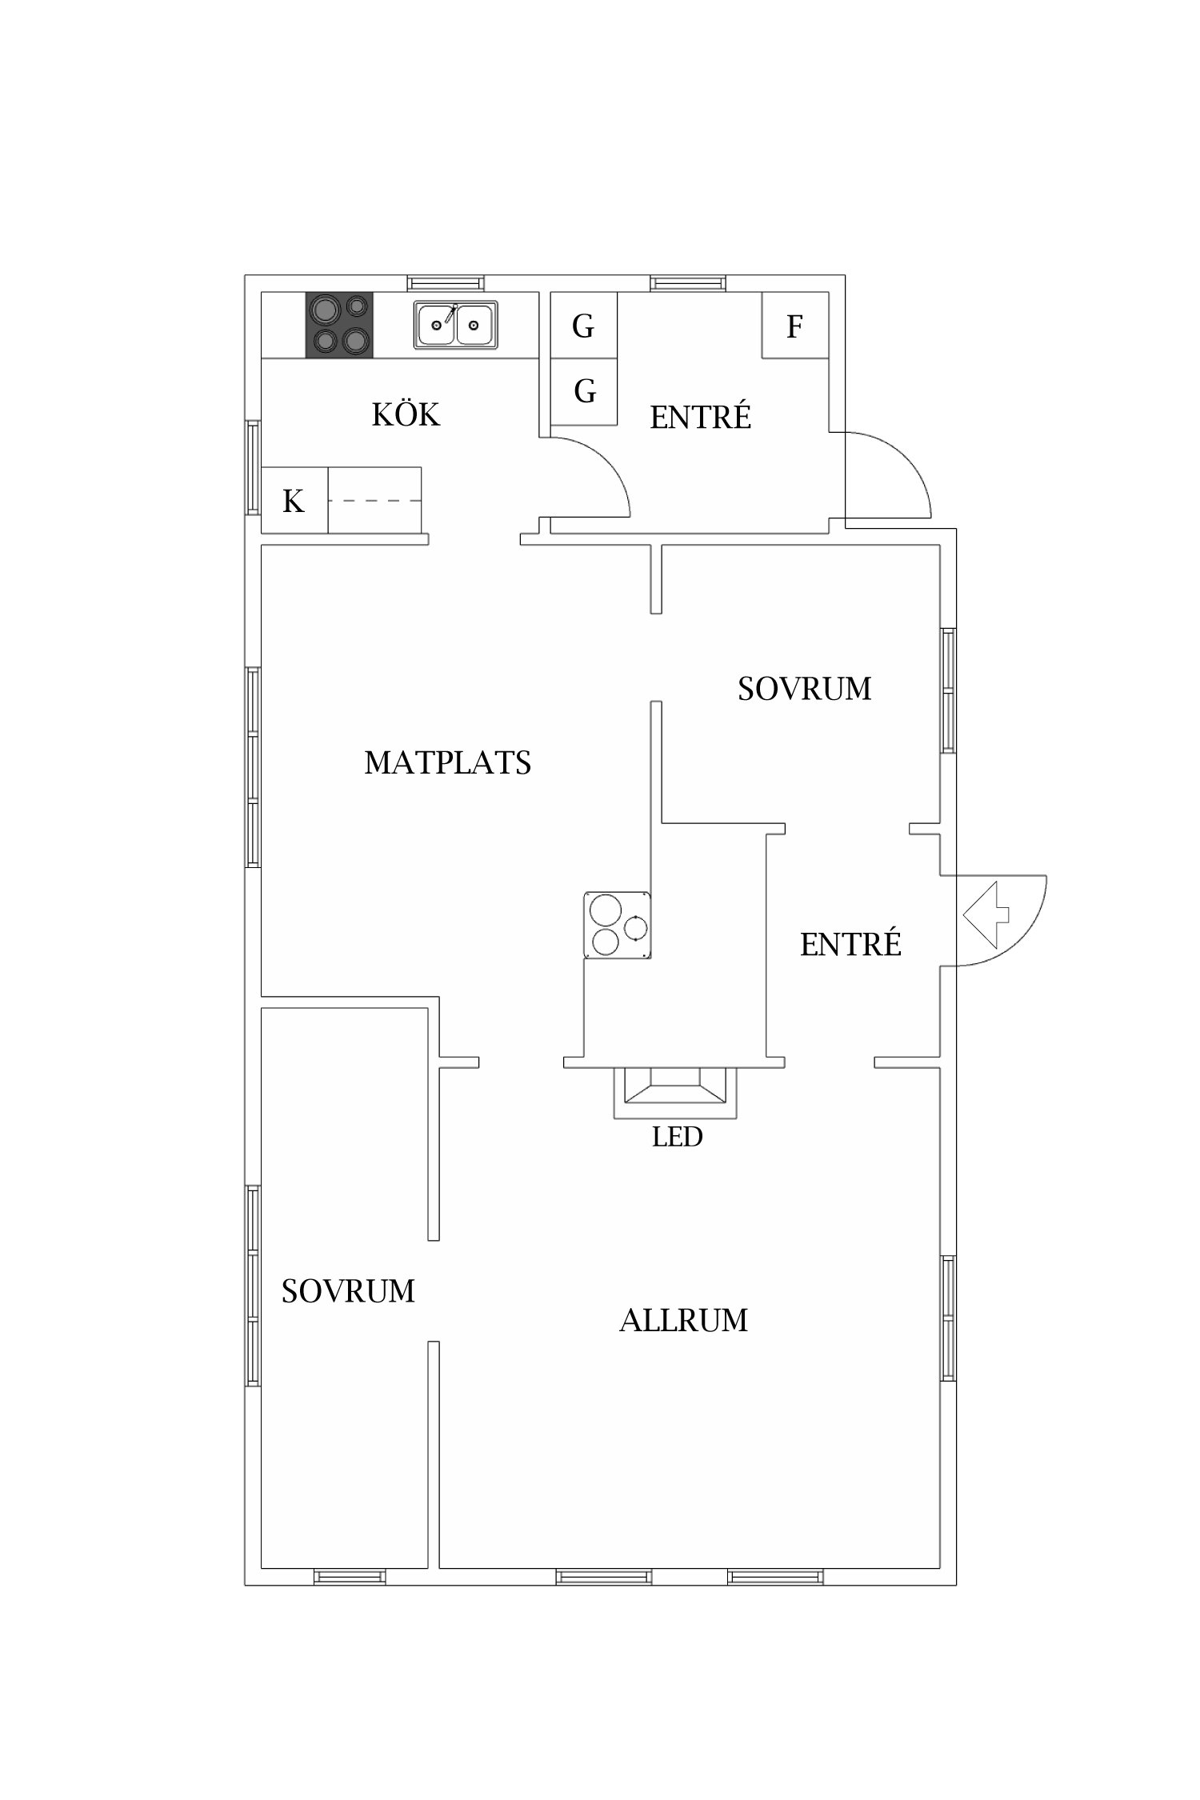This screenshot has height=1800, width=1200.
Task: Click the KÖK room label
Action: tap(406, 414)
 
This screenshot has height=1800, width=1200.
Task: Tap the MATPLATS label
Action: tap(447, 762)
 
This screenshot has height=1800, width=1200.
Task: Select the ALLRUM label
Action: tap(683, 1320)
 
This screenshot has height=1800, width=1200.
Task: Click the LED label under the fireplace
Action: tap(677, 1137)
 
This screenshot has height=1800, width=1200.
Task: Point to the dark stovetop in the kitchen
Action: tap(339, 325)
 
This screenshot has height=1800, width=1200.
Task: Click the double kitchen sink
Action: tap(454, 324)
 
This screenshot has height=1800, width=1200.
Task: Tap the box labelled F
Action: tap(794, 326)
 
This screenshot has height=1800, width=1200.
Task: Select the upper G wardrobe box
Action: tap(584, 326)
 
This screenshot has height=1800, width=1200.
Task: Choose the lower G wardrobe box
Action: tap(585, 391)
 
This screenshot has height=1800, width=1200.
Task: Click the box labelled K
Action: tap(294, 501)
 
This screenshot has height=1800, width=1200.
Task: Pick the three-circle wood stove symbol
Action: tap(617, 925)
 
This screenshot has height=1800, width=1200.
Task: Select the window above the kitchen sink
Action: tap(445, 282)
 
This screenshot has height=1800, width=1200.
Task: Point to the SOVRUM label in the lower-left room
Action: tap(348, 1290)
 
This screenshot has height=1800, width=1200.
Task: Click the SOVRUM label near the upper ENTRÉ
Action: tap(804, 689)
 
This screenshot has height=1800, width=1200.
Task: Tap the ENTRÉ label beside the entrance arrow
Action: tap(850, 945)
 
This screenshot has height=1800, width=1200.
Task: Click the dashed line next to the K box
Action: tap(374, 501)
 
